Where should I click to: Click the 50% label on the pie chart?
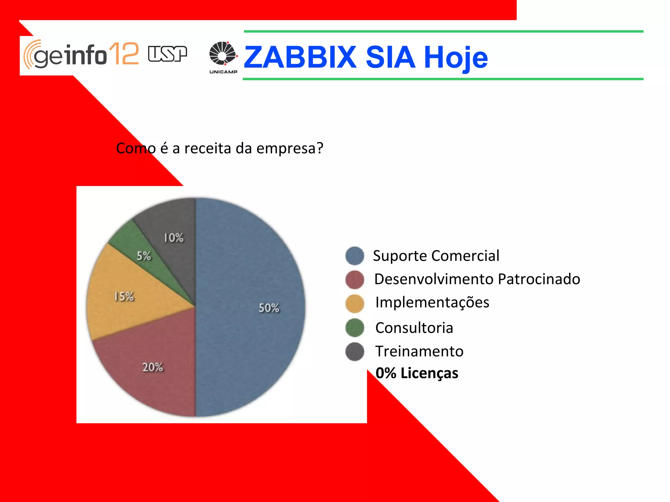269,308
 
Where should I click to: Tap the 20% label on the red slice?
152,367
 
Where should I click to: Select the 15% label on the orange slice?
124,297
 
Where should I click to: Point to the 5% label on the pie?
144,256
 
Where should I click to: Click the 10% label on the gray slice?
174,238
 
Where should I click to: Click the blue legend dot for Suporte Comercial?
355,256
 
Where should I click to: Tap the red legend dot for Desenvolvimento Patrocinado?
355,280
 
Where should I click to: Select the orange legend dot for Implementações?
355,303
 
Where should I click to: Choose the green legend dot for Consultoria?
355,328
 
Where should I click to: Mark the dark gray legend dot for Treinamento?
355,352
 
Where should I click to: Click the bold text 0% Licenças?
417,373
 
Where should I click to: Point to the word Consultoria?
414,328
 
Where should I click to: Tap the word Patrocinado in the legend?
539,279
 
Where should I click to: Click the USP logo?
167,54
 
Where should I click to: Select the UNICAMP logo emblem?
223,53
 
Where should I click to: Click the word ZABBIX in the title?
300,58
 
